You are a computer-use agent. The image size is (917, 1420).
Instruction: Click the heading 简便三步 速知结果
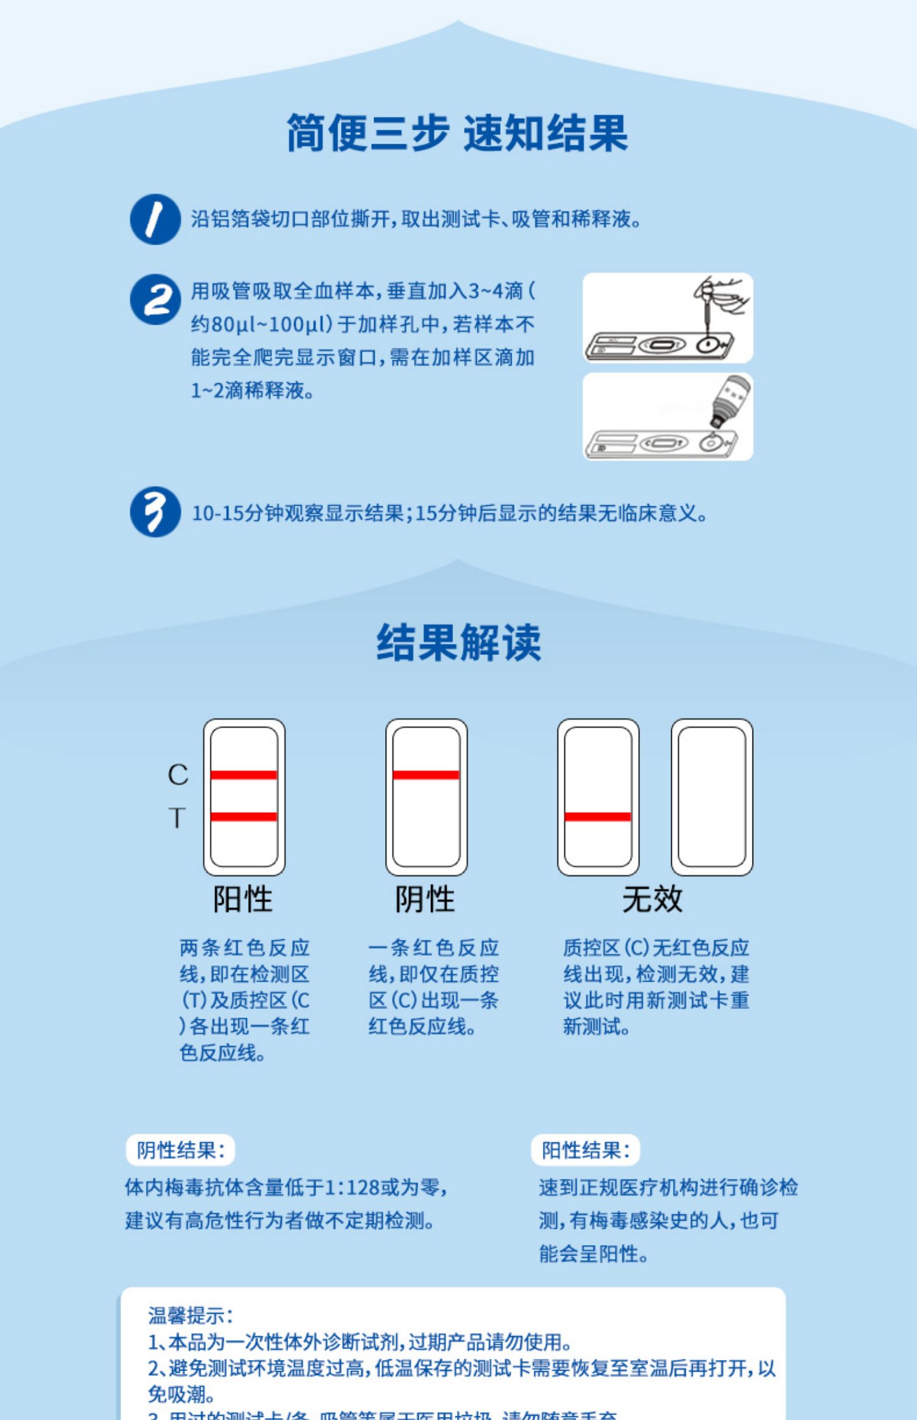tap(457, 133)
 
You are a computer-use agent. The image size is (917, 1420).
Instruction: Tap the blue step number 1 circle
tap(155, 220)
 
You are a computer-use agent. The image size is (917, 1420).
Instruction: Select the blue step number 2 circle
tap(155, 300)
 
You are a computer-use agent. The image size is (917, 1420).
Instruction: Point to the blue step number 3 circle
tap(155, 512)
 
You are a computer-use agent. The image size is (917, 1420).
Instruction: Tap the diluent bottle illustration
tap(730, 401)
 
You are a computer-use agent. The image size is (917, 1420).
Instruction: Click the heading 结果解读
tap(458, 642)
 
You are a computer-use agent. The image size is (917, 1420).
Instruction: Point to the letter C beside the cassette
tap(178, 775)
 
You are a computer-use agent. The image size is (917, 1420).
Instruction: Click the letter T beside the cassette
tap(177, 818)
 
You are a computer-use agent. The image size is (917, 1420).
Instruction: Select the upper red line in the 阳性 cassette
tap(244, 775)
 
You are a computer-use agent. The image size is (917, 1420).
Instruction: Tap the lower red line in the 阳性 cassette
tap(244, 816)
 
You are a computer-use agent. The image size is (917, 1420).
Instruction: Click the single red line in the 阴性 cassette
tap(426, 775)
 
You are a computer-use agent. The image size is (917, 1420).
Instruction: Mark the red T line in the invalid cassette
tap(598, 816)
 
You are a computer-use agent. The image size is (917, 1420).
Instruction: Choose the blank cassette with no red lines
tap(712, 797)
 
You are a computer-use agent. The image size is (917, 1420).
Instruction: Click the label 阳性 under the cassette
tap(243, 899)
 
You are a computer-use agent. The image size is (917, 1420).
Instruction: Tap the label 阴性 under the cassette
tap(425, 899)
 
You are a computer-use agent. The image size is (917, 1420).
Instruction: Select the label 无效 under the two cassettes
tap(652, 899)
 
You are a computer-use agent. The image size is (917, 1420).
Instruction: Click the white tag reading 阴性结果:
tap(180, 1150)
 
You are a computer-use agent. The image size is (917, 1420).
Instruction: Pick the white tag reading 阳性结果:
tap(585, 1150)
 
